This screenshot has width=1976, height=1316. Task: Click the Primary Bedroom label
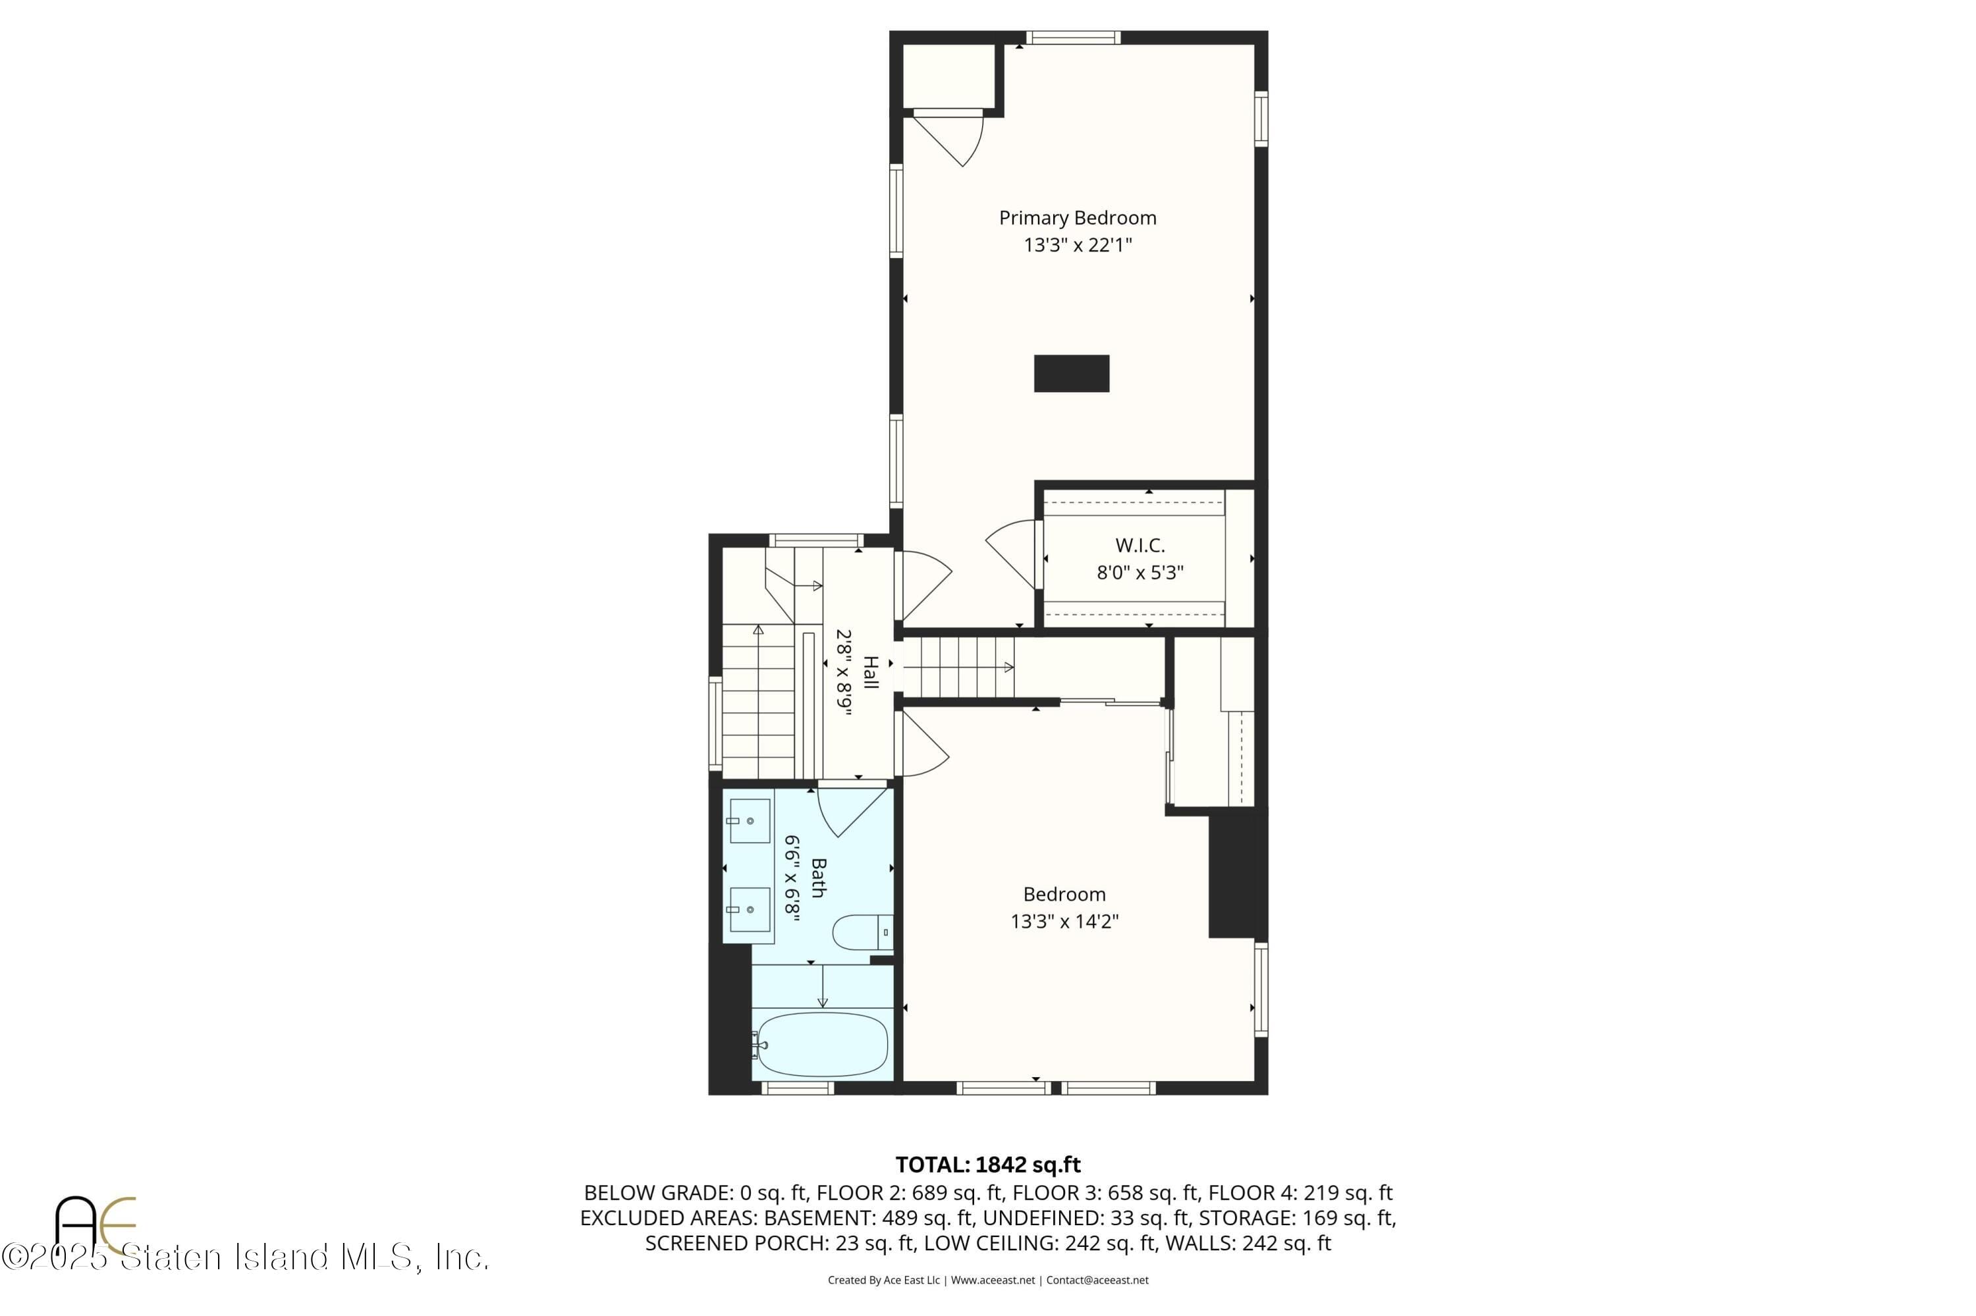click(1077, 218)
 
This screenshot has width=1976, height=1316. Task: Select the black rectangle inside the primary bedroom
click(1071, 373)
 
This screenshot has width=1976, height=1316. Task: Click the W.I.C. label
click(1139, 546)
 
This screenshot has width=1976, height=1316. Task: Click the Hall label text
click(870, 673)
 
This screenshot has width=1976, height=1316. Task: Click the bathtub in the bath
click(821, 1045)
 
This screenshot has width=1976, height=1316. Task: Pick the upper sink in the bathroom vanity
click(749, 821)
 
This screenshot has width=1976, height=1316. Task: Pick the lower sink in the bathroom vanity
click(749, 910)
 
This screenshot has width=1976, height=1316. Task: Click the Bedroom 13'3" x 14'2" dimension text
click(1064, 922)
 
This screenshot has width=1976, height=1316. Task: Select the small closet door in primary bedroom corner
click(949, 138)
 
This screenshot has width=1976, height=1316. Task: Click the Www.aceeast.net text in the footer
click(993, 1280)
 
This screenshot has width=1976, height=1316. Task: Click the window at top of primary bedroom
click(1072, 37)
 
